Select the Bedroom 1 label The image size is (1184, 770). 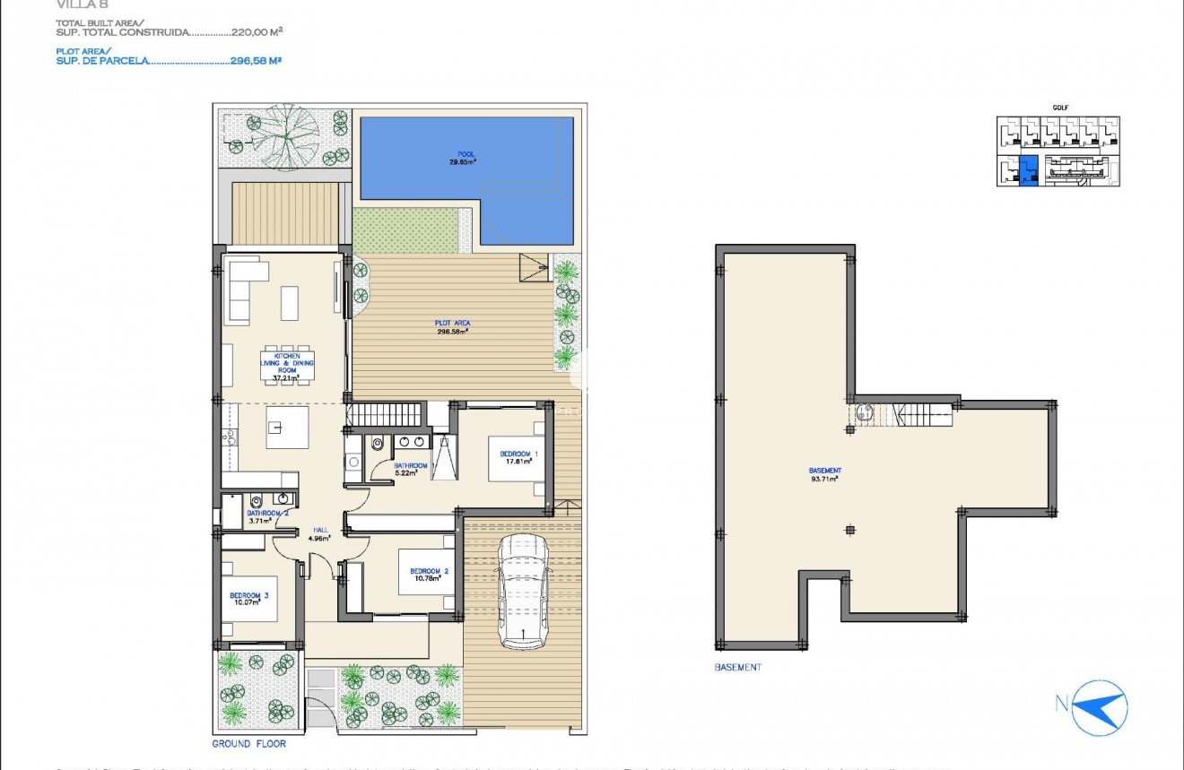click(x=518, y=454)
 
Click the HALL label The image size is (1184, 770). click(x=318, y=530)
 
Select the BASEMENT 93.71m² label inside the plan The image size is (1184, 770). click(x=824, y=474)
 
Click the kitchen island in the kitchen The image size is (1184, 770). click(x=287, y=428)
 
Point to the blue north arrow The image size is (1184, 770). click(x=1102, y=705)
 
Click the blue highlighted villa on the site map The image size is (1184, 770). click(x=1030, y=169)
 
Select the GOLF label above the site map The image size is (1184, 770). click(x=1059, y=108)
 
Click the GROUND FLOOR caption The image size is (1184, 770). click(x=248, y=744)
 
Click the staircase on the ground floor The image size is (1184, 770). click(x=385, y=414)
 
